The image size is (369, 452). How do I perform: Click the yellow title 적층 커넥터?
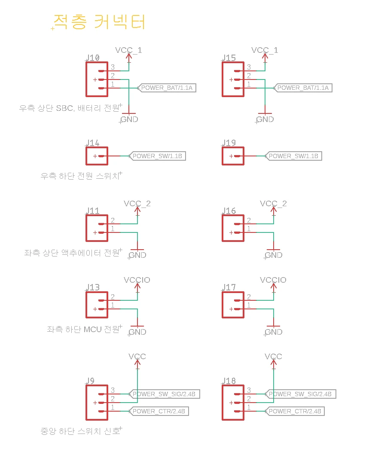point(99,22)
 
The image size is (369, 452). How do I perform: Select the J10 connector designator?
point(93,58)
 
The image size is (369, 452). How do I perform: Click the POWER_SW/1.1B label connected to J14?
point(157,156)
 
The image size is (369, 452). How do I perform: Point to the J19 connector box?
point(233,156)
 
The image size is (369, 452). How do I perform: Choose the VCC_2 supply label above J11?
point(137,204)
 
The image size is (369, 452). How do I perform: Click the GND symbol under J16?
point(273,254)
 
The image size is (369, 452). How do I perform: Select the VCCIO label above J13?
point(137,280)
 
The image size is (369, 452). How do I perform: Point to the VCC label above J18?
point(273,357)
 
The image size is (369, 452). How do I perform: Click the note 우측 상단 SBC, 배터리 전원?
point(69,108)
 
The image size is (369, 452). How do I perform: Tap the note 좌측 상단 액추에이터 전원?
point(72,253)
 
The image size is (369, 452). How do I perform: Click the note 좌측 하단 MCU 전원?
point(83,330)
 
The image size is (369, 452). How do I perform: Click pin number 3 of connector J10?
point(113,67)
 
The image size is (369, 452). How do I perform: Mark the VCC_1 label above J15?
point(265,50)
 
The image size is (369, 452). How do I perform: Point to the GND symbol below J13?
point(137,331)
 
